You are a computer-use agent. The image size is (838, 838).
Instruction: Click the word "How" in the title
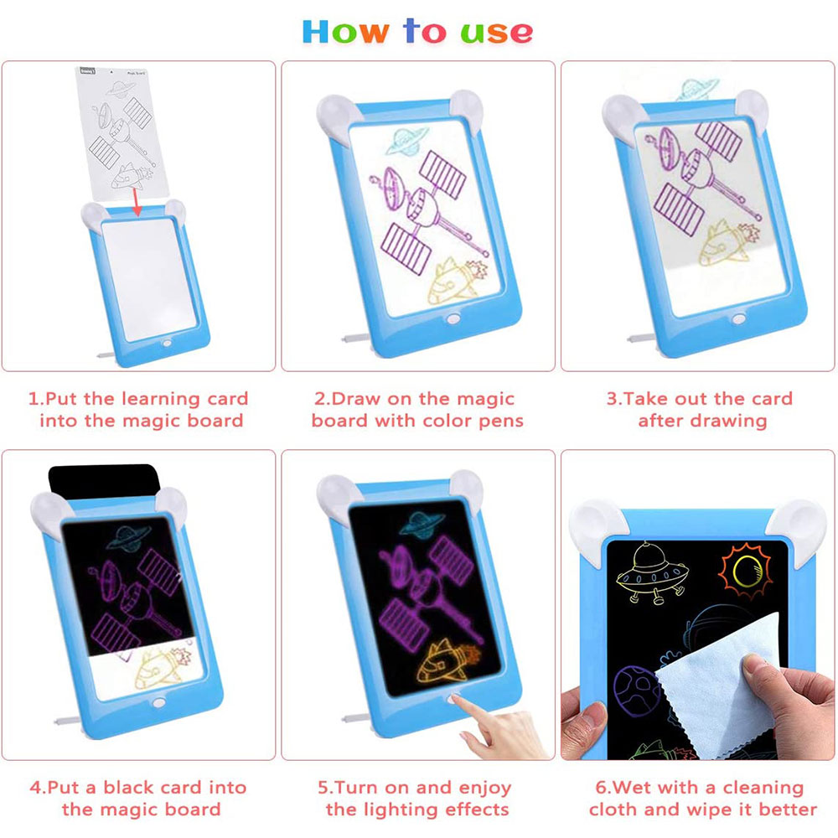point(344,31)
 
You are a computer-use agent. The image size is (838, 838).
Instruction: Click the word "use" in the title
point(496,32)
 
